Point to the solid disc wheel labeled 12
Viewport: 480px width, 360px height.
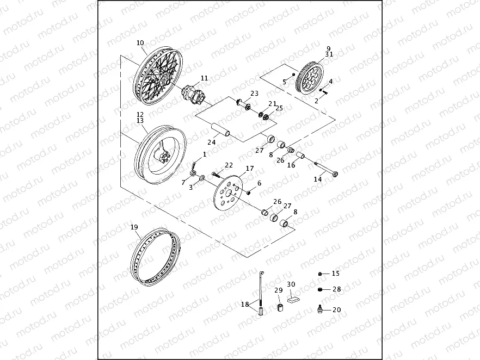click(x=159, y=152)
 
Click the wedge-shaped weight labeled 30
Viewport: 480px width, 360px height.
click(x=293, y=297)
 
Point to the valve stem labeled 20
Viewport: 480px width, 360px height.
click(x=320, y=309)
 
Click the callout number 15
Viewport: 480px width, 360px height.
click(x=335, y=273)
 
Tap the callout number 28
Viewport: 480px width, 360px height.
click(x=336, y=289)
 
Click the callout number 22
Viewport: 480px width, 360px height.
click(x=229, y=165)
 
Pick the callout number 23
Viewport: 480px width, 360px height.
click(x=254, y=93)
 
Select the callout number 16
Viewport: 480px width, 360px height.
click(x=291, y=165)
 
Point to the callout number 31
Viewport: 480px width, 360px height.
click(x=329, y=54)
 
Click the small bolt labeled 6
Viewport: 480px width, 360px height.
click(x=248, y=192)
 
